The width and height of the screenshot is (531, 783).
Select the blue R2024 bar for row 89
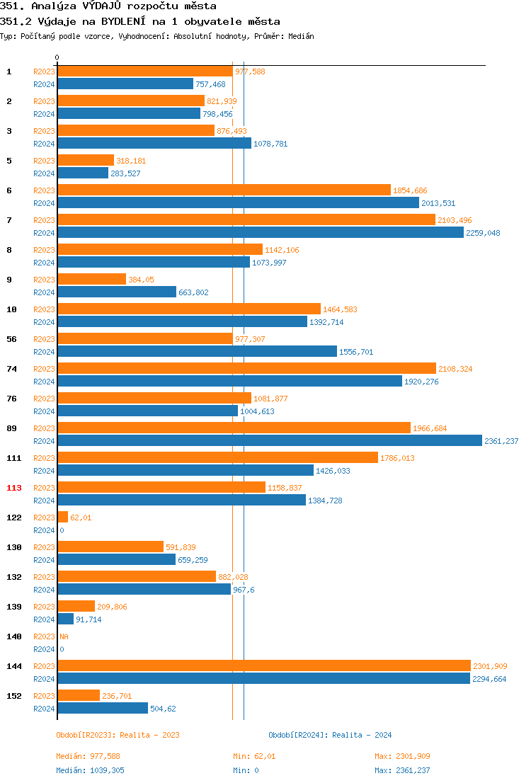(269, 441)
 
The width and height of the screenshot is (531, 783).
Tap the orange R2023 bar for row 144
(263, 666)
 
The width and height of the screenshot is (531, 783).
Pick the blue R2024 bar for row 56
(197, 352)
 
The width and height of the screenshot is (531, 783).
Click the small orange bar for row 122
(62, 518)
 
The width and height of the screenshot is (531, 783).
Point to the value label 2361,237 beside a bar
(501, 441)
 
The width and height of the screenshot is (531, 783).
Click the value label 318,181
(131, 161)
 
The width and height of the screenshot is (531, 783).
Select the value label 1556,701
(356, 352)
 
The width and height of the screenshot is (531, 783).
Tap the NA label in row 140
(64, 636)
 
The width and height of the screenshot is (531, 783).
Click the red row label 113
(13, 488)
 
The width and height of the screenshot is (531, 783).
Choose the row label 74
(11, 369)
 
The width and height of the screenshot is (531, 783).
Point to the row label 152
(13, 696)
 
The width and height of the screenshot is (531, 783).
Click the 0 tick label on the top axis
(57, 57)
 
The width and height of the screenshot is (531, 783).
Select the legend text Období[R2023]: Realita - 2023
(118, 735)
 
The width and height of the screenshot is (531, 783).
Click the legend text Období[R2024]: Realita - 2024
(330, 735)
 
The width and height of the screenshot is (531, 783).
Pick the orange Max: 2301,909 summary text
(402, 756)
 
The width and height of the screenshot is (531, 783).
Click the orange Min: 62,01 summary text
(254, 756)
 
